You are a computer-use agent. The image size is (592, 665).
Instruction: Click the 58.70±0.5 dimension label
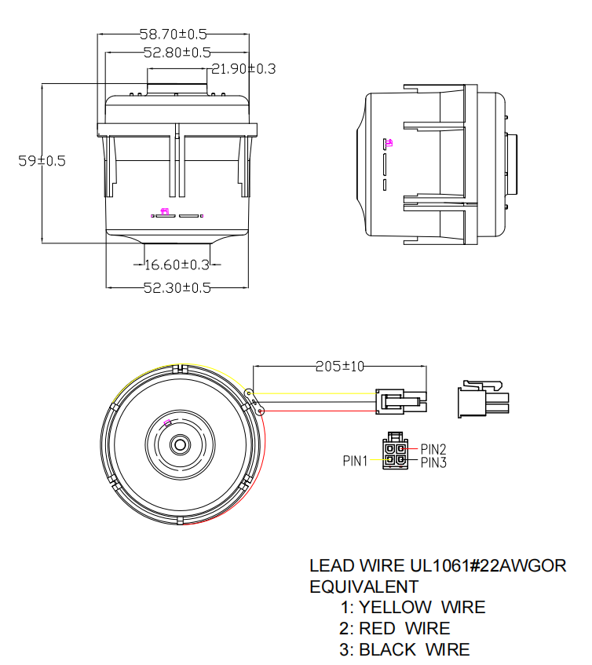click(x=174, y=35)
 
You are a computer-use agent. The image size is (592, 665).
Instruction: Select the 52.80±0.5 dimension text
click(x=177, y=53)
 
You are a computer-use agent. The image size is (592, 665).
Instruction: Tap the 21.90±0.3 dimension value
click(x=243, y=69)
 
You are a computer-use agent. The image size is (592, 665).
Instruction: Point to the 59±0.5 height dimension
click(x=42, y=161)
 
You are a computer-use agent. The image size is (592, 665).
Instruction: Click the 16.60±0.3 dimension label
click(x=177, y=265)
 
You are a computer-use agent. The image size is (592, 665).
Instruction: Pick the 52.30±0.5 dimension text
click(x=177, y=288)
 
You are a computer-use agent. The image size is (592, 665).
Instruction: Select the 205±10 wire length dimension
click(x=339, y=367)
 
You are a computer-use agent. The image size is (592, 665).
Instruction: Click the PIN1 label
click(x=355, y=461)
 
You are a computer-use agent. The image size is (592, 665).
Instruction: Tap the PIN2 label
click(x=433, y=449)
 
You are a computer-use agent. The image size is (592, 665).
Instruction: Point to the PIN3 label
click(x=433, y=462)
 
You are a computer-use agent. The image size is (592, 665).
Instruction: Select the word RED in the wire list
click(x=378, y=628)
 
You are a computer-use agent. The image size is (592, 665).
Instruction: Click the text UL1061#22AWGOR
click(x=488, y=565)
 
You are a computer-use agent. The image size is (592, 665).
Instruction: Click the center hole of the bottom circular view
click(x=181, y=444)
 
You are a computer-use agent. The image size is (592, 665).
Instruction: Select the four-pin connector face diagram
click(x=395, y=452)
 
